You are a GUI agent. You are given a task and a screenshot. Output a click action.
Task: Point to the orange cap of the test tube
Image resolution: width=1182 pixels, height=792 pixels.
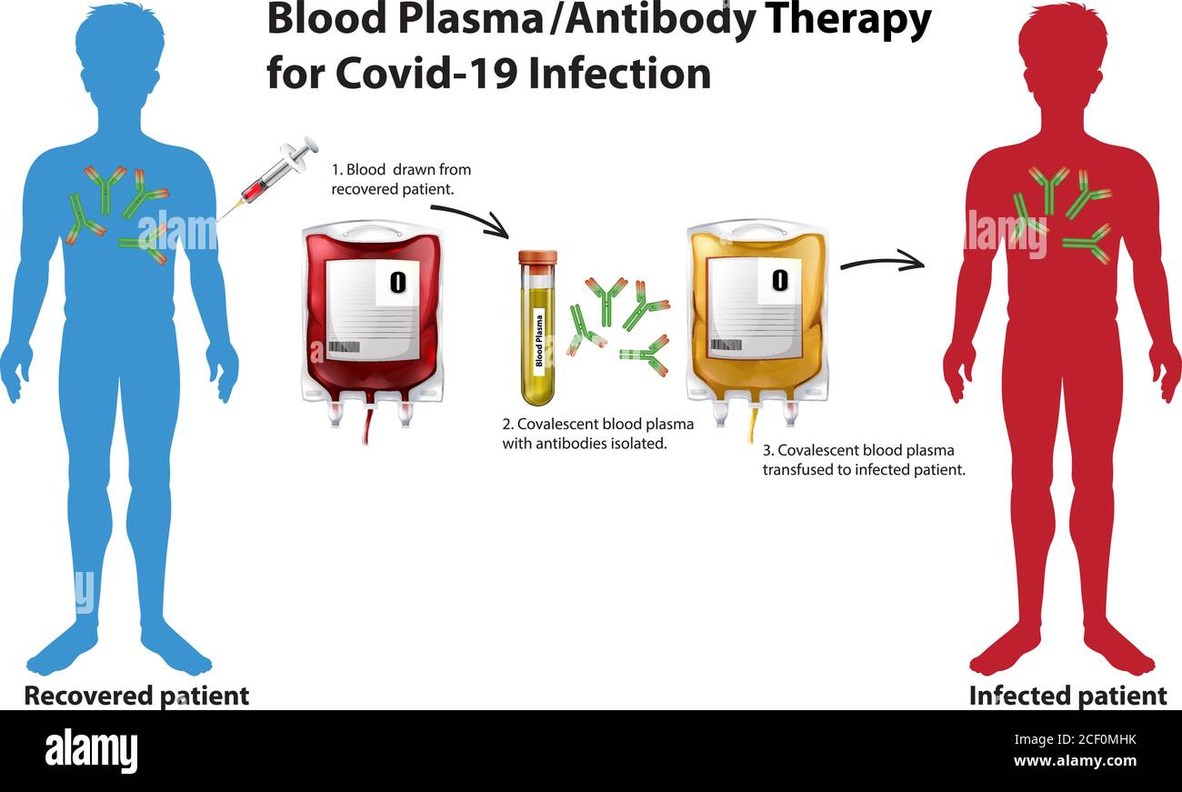pos(537,257)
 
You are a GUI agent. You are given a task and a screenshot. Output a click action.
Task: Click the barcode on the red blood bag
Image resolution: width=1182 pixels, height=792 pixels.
pos(343,347)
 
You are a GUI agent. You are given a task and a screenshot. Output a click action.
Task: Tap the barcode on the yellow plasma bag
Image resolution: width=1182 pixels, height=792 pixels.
pos(725,345)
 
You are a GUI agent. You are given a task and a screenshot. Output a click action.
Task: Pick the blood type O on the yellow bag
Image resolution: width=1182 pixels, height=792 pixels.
pos(779,280)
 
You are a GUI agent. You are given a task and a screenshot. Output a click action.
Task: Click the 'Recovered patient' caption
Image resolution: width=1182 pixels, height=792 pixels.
pos(136,696)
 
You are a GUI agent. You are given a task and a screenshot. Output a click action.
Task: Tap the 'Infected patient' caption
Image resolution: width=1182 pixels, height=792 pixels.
pos(1067,696)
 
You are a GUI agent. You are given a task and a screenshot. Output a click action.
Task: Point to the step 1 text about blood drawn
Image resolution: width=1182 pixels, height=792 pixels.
pos(400,179)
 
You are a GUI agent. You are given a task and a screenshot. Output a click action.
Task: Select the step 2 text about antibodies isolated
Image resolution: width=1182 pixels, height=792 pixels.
pos(597,434)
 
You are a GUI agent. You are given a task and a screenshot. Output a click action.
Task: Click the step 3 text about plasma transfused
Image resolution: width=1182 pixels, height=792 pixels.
pos(863,460)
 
